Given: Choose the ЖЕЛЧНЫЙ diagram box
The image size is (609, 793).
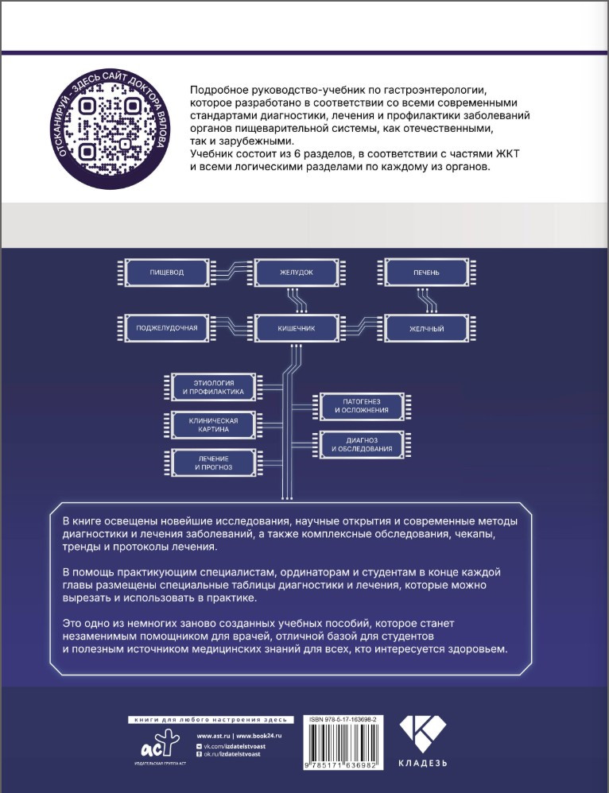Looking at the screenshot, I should click(425, 327).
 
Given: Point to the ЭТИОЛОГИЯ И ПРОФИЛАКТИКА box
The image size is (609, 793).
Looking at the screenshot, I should click(212, 388).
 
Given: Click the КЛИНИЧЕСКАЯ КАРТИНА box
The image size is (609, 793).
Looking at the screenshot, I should click(212, 424).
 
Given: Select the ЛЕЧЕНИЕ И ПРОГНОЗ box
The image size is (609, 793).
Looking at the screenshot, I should click(212, 462).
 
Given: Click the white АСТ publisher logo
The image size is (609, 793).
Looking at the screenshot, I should click(155, 745).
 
